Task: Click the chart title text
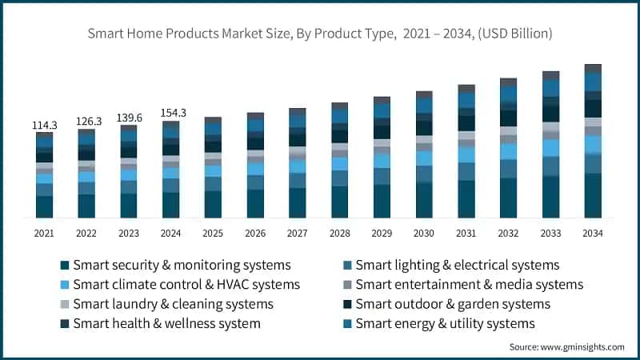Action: (320, 34)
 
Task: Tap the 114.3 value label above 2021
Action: (45, 125)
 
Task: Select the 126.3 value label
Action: (86, 121)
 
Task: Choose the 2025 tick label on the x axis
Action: (213, 233)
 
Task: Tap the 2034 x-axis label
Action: (593, 233)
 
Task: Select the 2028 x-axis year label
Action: (339, 233)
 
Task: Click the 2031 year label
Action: (466, 233)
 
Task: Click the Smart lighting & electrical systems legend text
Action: (457, 264)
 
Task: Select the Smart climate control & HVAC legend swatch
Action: (65, 284)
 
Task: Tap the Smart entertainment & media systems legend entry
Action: (469, 284)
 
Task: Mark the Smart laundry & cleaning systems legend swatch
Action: (65, 304)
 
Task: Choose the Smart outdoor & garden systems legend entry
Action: (453, 304)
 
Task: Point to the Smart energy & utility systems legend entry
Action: (445, 323)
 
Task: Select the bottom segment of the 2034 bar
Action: (593, 195)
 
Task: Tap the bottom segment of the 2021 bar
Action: (45, 206)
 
